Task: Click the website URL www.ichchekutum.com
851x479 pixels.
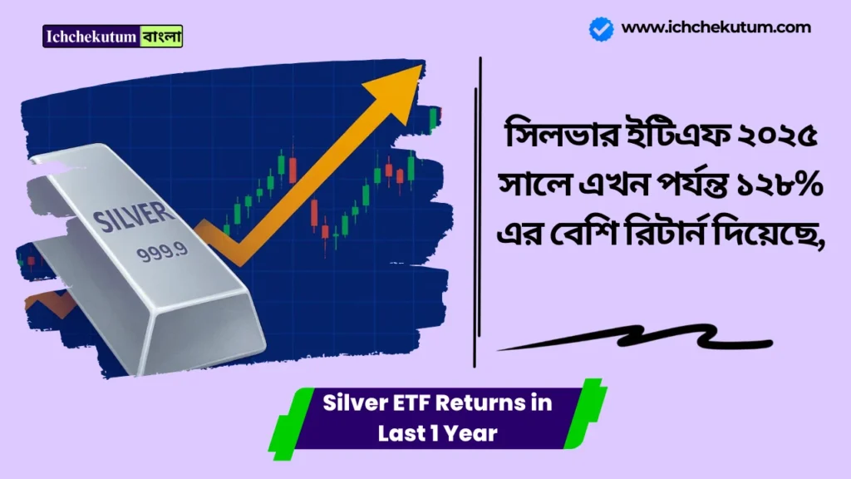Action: click(x=716, y=27)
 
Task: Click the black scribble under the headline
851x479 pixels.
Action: click(x=632, y=340)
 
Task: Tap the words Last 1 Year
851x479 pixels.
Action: click(x=437, y=433)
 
